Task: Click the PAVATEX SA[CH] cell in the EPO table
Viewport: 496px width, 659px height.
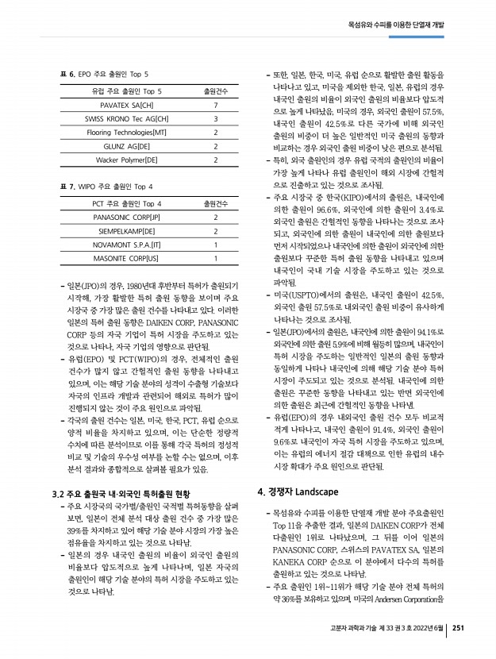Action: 127,105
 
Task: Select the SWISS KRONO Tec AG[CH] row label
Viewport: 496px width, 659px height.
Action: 127,118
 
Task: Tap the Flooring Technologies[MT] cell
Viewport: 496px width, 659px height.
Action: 127,132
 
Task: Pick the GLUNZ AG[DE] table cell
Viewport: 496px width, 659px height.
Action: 127,146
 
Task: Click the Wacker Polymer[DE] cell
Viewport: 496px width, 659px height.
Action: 127,160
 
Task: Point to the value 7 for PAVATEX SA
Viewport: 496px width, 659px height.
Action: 216,105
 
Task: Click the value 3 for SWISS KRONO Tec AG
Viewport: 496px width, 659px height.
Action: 216,118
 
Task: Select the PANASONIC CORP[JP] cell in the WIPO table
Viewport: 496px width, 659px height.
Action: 127,217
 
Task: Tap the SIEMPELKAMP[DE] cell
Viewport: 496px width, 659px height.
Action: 127,231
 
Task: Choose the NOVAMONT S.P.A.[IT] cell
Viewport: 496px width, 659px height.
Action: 127,245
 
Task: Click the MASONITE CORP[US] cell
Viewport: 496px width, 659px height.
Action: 127,259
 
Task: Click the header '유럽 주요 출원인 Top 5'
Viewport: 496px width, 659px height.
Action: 127,91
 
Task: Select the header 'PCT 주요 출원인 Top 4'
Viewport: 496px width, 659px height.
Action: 127,203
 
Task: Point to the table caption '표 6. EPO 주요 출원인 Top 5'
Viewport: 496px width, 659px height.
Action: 104,74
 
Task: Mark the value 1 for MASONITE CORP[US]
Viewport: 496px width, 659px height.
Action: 216,259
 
